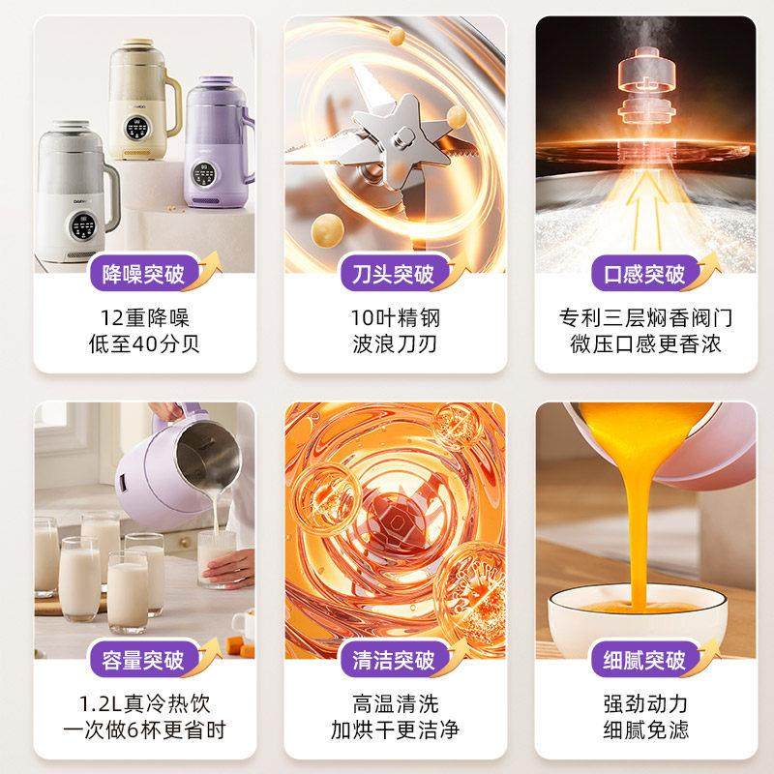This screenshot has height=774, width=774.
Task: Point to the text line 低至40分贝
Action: pyautogui.click(x=144, y=343)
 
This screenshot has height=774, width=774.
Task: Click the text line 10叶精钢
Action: pyautogui.click(x=394, y=317)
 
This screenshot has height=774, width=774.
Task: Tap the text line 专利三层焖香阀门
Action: pyautogui.click(x=641, y=317)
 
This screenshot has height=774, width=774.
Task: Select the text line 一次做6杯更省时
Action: pyautogui.click(x=144, y=730)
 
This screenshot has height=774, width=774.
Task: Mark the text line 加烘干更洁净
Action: pyautogui.click(x=394, y=730)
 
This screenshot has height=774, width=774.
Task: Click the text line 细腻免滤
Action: pyautogui.click(x=641, y=730)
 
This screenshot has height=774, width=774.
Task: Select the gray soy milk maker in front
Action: pyautogui.click(x=75, y=189)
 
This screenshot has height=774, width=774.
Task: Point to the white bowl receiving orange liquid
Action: pyautogui.click(x=639, y=605)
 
